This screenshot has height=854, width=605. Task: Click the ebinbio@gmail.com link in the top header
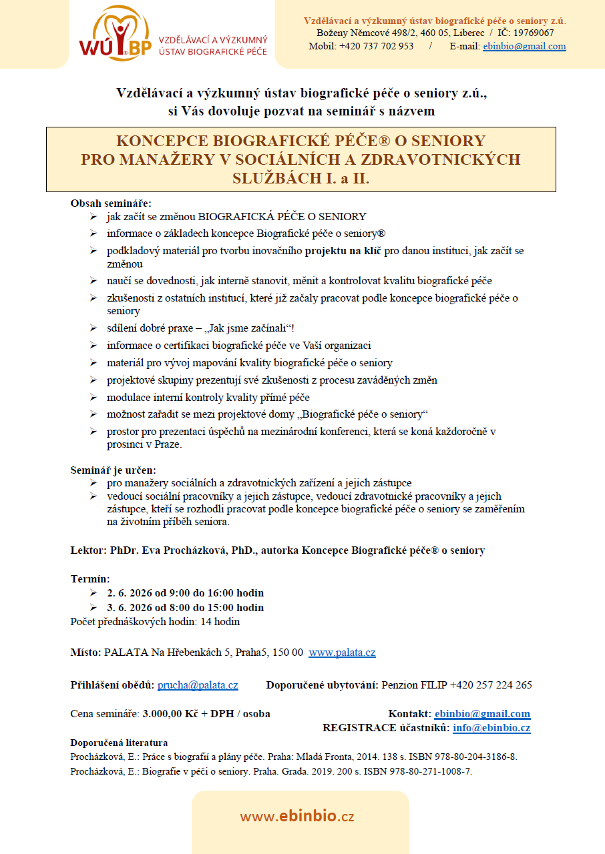click(524, 46)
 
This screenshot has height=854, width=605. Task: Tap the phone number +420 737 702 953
click(376, 46)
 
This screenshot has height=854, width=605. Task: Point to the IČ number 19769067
click(534, 33)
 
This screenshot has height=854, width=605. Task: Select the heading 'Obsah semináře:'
click(111, 203)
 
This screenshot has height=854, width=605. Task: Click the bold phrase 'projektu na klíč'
click(343, 250)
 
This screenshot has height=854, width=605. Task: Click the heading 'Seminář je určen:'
click(113, 470)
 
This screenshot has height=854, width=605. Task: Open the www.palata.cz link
click(342, 653)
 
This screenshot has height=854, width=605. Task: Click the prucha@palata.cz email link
click(198, 685)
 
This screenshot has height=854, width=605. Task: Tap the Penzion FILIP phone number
click(491, 685)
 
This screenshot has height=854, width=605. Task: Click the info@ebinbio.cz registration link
click(491, 728)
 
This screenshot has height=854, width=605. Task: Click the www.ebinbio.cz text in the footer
click(297, 817)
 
